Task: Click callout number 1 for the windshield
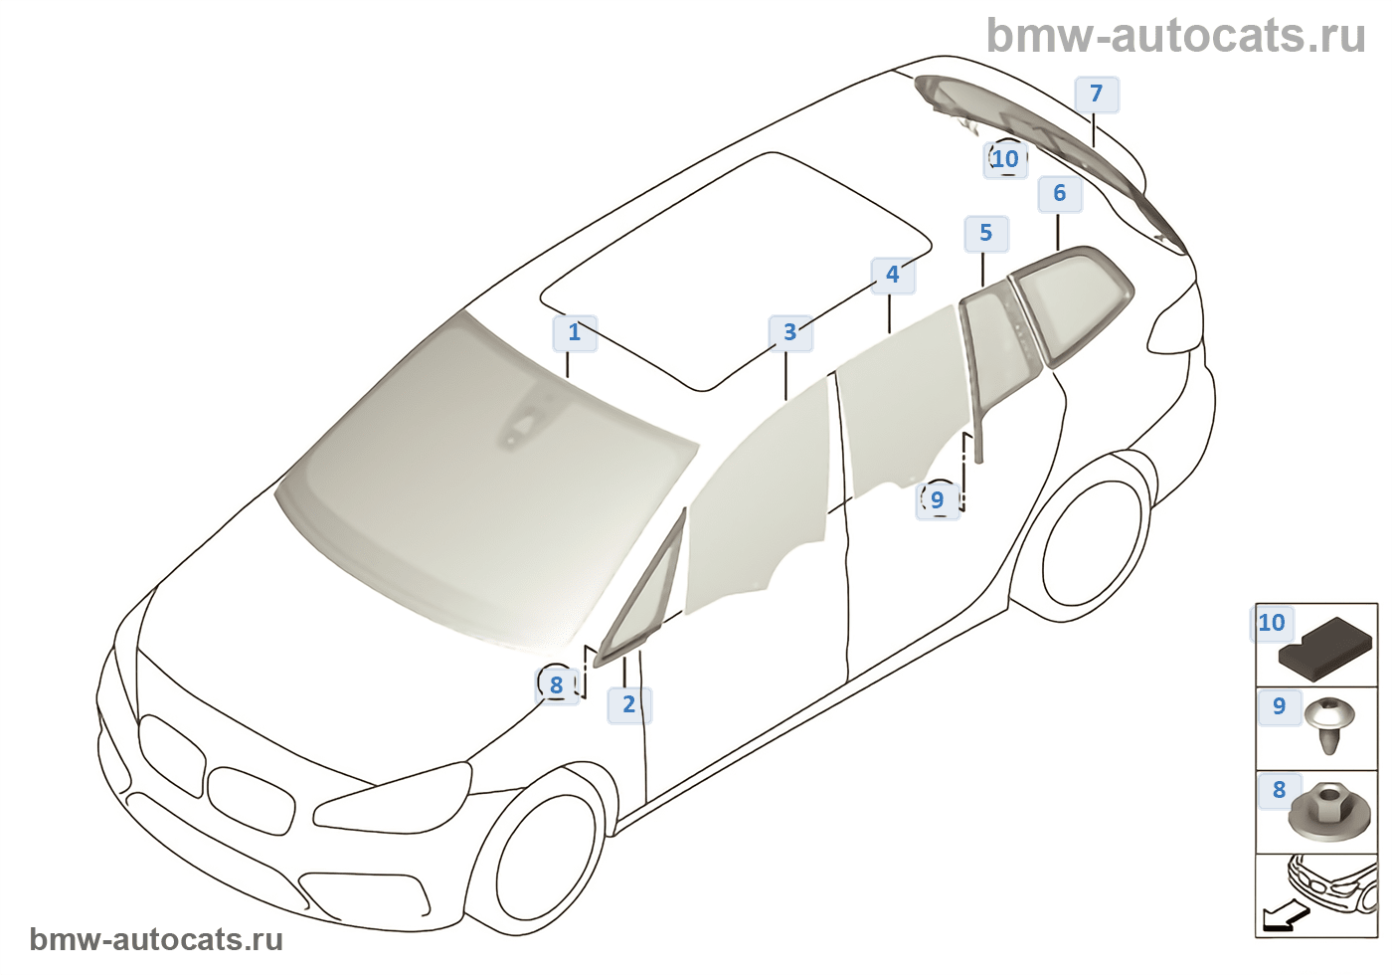574,332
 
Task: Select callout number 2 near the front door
628,704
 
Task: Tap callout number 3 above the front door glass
789,332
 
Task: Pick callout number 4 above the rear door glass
892,275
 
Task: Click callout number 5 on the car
985,233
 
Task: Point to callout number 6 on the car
1059,193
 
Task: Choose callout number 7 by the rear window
1096,94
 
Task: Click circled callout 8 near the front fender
556,684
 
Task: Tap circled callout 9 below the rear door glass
937,499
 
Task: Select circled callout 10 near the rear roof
1005,158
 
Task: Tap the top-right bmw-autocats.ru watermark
1175,36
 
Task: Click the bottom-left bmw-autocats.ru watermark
156,939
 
